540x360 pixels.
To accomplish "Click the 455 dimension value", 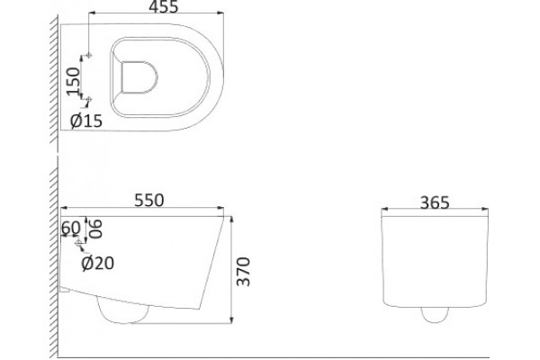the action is coord(163,7).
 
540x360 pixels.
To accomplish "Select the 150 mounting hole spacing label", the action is coord(73,81).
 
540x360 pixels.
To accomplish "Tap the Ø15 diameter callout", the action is coord(86,121).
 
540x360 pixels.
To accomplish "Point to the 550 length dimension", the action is coord(149,201).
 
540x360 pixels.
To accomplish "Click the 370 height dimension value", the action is coord(244,272).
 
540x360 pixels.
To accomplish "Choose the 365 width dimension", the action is coord(435,202).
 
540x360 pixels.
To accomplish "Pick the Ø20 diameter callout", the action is coord(98,263).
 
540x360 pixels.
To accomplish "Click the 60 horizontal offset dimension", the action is coord(71,228).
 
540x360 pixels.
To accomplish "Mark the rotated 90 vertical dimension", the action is coord(95,229).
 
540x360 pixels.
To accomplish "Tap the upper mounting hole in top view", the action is coord(89,55).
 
